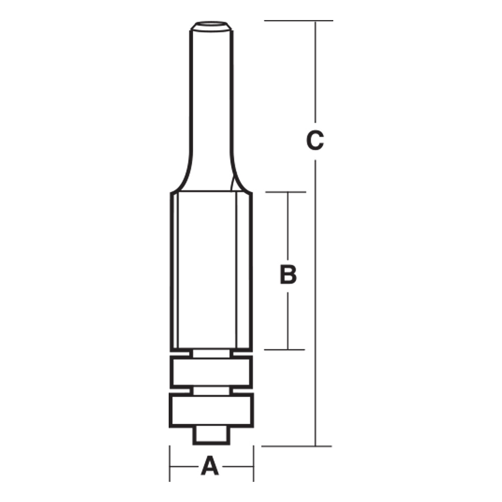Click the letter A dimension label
[210, 466]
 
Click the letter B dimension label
[288, 275]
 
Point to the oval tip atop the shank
[210, 24]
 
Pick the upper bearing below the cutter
[211, 371]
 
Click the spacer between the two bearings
[211, 390]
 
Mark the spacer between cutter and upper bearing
[211, 353]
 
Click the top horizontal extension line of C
[299, 21]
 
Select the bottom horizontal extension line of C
[296, 446]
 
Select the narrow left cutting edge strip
[174, 271]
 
